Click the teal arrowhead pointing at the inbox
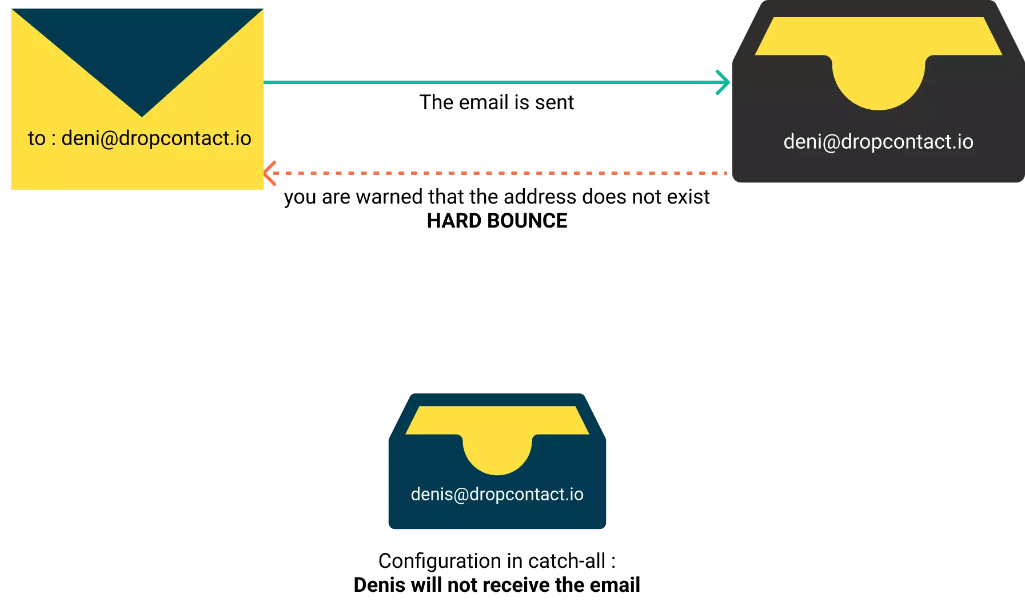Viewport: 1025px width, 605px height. tap(724, 82)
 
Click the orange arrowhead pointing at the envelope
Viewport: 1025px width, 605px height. tap(270, 173)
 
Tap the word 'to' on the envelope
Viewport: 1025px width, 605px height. tap(37, 138)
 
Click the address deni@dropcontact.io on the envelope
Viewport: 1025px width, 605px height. tap(156, 138)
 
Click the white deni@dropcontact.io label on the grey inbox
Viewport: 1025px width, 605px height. tap(878, 142)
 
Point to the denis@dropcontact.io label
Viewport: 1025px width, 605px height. tap(497, 494)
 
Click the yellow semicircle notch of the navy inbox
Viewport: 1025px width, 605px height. tap(497, 455)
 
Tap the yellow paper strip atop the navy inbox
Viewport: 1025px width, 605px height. tap(497, 420)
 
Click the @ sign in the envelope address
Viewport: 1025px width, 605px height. tap(109, 139)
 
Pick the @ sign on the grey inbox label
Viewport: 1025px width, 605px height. tap(831, 142)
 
